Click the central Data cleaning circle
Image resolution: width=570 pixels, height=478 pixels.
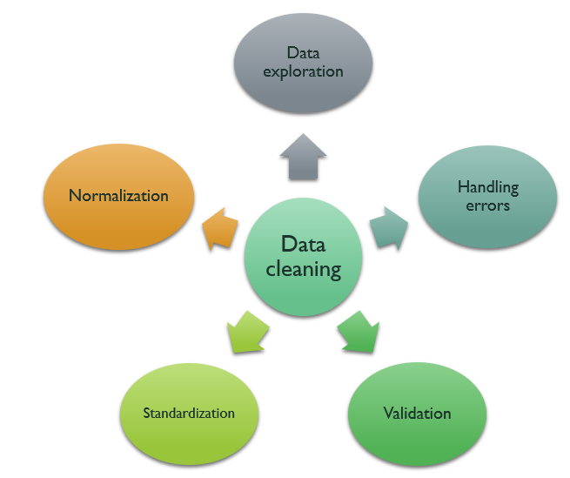click(304, 259)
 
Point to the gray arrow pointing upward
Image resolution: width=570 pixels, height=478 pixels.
click(303, 157)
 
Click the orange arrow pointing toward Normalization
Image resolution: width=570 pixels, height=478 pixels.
click(218, 228)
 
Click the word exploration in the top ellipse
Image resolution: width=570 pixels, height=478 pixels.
click(304, 71)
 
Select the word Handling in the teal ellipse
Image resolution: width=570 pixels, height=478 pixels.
click(488, 187)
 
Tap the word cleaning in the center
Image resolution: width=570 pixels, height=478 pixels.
click(304, 269)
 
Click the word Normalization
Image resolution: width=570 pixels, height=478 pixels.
click(118, 195)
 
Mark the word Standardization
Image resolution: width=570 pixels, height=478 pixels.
click(189, 413)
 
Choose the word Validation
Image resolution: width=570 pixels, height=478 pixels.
click(417, 413)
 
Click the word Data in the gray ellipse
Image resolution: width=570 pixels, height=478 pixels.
click(304, 54)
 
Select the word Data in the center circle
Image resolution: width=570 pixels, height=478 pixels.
click(304, 246)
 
